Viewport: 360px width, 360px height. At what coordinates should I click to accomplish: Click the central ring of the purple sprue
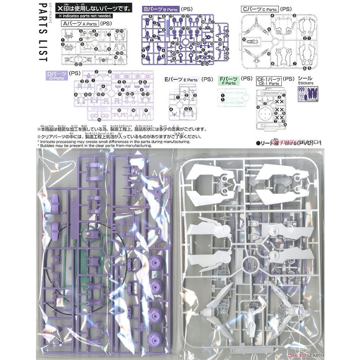point(112,251)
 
